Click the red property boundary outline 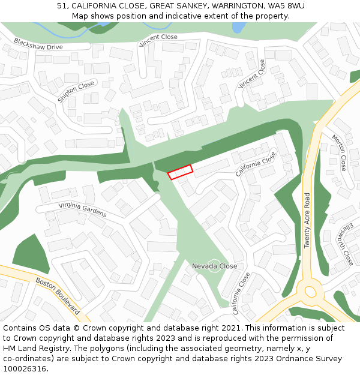point(180,172)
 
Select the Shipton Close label point(76,92)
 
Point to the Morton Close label point(339,152)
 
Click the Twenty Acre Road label point(307,220)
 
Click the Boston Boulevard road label point(58,295)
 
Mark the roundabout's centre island point(310,292)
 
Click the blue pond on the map point(238,28)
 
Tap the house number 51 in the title point(62,5)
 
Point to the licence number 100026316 point(24,369)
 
